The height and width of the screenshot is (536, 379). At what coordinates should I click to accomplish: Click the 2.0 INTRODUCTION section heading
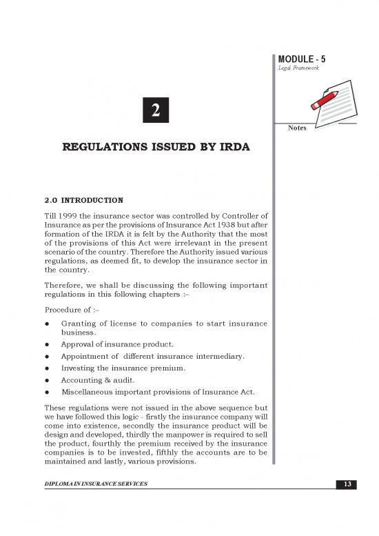(x=83, y=201)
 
